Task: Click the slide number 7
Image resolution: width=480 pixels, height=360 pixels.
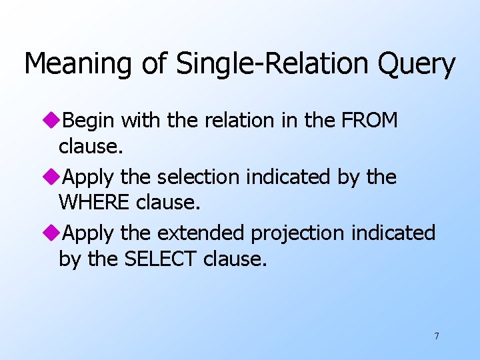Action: coord(437,336)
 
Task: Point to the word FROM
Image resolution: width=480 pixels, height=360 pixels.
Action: coord(369,121)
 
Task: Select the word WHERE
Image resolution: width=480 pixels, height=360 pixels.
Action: coord(94,202)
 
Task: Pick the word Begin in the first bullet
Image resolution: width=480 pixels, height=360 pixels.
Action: coord(90,121)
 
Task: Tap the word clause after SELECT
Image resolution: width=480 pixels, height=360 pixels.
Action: coord(234,258)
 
